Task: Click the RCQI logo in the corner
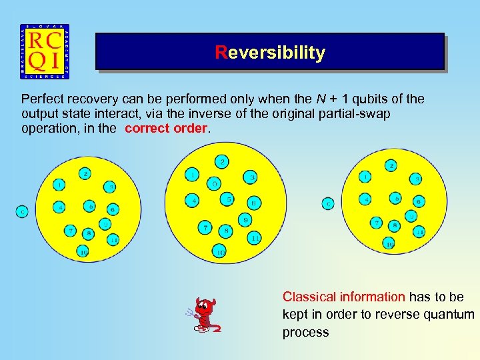point(45,51)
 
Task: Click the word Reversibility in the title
point(270,53)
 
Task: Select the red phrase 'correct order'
point(167,128)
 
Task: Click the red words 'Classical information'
point(343,297)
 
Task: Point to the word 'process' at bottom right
point(305,332)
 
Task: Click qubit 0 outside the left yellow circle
point(22,211)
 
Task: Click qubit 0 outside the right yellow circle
point(328,203)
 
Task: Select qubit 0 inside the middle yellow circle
point(214,183)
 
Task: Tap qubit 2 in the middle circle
point(222,161)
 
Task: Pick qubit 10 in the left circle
point(83,251)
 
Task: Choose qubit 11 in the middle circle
point(255,237)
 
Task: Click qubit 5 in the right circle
point(396,198)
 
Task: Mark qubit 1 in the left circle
point(60,184)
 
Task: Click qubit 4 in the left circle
point(59,207)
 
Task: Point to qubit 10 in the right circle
point(389,245)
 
